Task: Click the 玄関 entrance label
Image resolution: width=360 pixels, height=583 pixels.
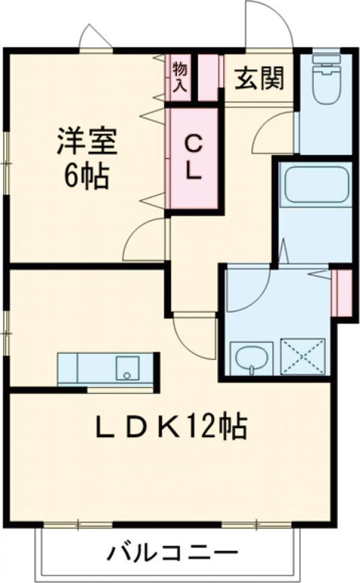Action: click(x=259, y=78)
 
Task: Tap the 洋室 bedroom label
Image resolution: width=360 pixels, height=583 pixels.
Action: click(x=87, y=141)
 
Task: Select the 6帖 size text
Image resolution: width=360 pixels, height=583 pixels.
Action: click(x=87, y=176)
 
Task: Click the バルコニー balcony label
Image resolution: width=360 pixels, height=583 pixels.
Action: click(x=172, y=553)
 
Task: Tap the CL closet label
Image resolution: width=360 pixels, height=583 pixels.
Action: click(x=193, y=158)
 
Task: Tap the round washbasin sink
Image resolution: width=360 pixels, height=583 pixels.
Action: click(x=251, y=358)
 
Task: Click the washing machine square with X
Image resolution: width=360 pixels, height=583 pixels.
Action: click(x=303, y=357)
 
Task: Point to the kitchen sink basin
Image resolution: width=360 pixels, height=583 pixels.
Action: click(x=127, y=368)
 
